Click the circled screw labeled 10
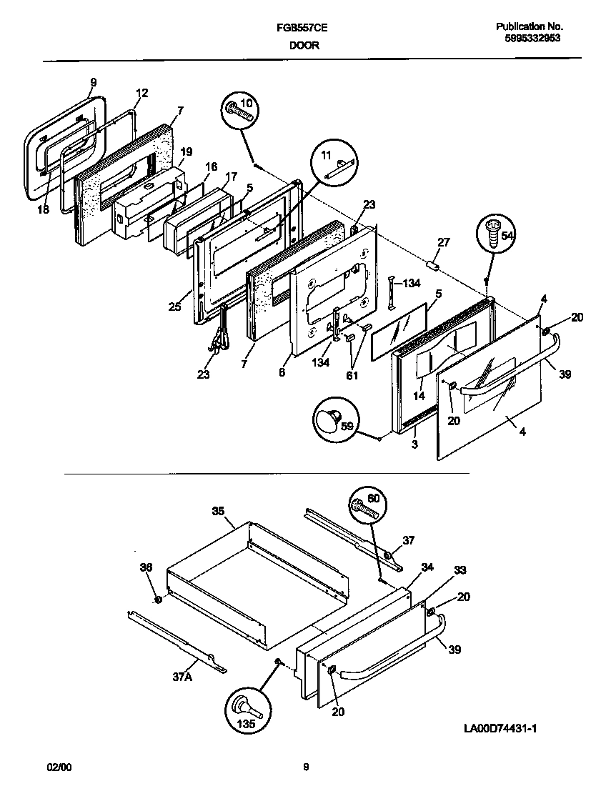(x=240, y=110)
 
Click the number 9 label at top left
(x=92, y=83)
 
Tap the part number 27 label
(x=443, y=243)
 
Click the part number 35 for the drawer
(x=218, y=511)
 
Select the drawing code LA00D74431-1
(x=500, y=728)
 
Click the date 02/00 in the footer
(x=59, y=767)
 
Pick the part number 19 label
(x=186, y=151)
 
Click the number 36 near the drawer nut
(x=146, y=567)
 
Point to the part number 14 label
(x=419, y=395)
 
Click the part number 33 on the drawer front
(x=460, y=570)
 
